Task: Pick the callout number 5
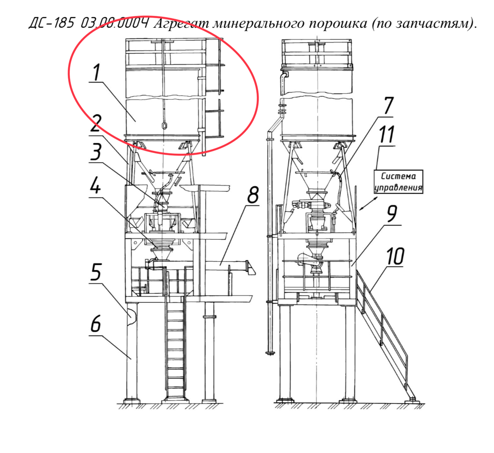click(x=96, y=272)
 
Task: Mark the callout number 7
click(x=388, y=105)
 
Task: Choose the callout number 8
click(x=253, y=195)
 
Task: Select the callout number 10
click(x=395, y=256)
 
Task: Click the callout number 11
click(x=387, y=134)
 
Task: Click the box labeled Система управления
click(x=398, y=182)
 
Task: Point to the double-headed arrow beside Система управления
click(x=369, y=203)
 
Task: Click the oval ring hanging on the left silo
click(x=164, y=126)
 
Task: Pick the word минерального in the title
click(x=258, y=23)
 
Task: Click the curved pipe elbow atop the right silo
click(x=284, y=75)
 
